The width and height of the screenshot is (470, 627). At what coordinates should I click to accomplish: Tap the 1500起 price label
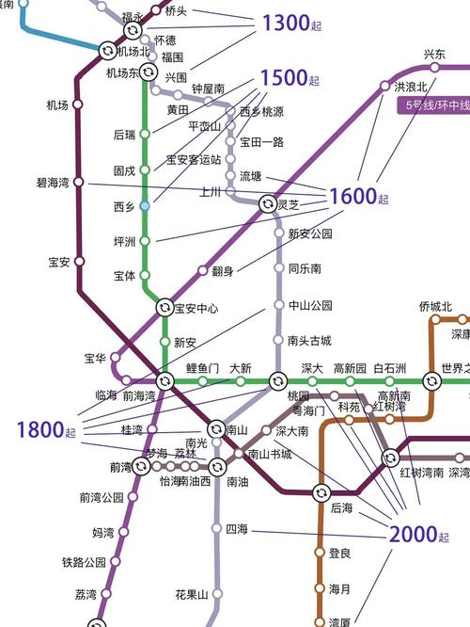point(290,78)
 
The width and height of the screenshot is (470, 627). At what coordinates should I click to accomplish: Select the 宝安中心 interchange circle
point(164,308)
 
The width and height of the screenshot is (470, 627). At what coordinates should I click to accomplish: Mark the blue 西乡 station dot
point(144,204)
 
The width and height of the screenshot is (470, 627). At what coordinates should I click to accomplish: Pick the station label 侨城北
point(435,307)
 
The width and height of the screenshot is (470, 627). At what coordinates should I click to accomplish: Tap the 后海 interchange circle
point(321,492)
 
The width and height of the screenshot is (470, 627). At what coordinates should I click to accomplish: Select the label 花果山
point(191,594)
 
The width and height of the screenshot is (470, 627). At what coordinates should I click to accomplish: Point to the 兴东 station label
point(434,55)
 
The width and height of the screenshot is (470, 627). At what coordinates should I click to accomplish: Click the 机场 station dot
point(78,105)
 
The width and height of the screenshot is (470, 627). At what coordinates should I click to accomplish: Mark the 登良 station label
point(339,553)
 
